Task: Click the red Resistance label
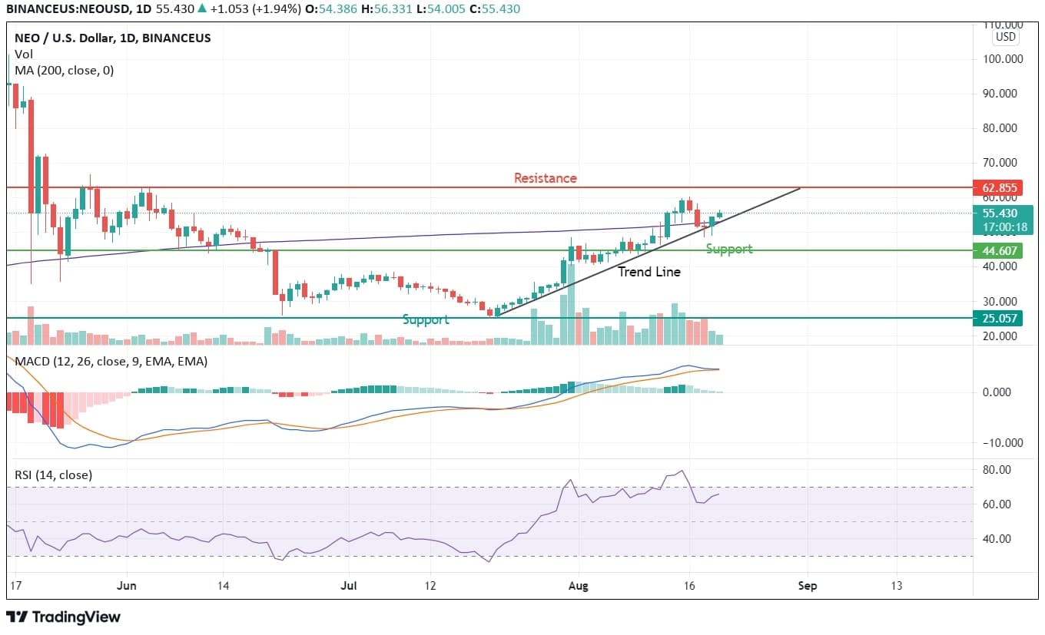click(x=545, y=178)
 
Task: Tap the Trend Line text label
click(x=649, y=272)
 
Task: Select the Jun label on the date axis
click(x=126, y=586)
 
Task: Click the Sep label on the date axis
click(x=807, y=586)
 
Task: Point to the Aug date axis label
click(x=578, y=586)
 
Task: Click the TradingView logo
click(x=63, y=617)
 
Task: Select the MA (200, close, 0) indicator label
click(x=64, y=70)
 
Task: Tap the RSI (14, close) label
click(x=54, y=475)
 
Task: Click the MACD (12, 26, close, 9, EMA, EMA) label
click(x=111, y=361)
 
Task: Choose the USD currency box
click(x=1005, y=37)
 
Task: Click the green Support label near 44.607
click(x=728, y=250)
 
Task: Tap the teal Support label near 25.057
click(x=425, y=319)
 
